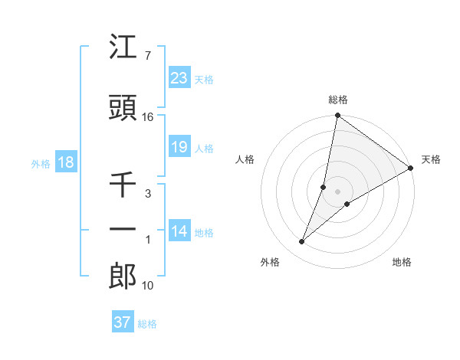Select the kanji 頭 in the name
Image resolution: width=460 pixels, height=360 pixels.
pos(123,108)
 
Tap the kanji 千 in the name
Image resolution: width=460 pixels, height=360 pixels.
pos(123,185)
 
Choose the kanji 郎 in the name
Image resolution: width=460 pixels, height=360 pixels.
pos(123,276)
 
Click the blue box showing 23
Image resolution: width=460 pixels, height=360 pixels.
pos(179,78)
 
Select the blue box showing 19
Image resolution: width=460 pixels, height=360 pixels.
pos(179,147)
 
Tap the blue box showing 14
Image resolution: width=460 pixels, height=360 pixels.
pos(179,231)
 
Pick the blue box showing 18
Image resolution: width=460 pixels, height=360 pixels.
pos(65,162)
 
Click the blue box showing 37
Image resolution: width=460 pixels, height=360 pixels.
pos(123,322)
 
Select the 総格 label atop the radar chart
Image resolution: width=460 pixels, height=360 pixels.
pos(338,100)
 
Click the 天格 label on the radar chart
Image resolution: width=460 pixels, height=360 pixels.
pos(431,159)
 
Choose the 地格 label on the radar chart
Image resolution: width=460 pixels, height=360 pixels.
pos(402,262)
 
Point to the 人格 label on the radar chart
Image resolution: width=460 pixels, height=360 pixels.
pos(245,159)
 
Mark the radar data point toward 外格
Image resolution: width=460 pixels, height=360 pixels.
pos(302,242)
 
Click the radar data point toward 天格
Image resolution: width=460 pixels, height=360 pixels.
pos(411,168)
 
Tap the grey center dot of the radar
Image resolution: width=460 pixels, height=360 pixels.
pos(338,191)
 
